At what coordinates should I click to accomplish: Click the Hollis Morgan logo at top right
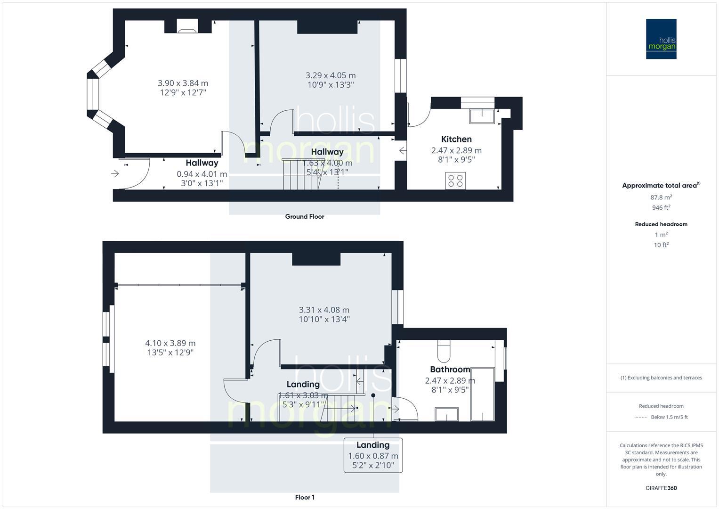pos(661,39)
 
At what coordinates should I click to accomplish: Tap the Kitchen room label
pos(456,139)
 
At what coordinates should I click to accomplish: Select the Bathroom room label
pos(450,369)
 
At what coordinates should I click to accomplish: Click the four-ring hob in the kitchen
pos(455,181)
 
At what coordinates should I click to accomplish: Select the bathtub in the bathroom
pos(482,394)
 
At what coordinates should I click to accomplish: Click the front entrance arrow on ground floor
pos(115,174)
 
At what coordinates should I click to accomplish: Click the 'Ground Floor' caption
pos(305,217)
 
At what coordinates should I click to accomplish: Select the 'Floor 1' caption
pos(305,497)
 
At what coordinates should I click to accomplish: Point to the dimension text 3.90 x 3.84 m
pos(183,83)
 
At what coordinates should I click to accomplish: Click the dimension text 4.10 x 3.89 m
pos(170,343)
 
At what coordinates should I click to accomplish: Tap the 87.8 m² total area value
pos(661,197)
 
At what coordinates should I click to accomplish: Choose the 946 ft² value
pos(661,207)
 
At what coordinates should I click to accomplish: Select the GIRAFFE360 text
pos(661,488)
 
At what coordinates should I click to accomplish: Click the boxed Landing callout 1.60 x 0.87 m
pos(373,455)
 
